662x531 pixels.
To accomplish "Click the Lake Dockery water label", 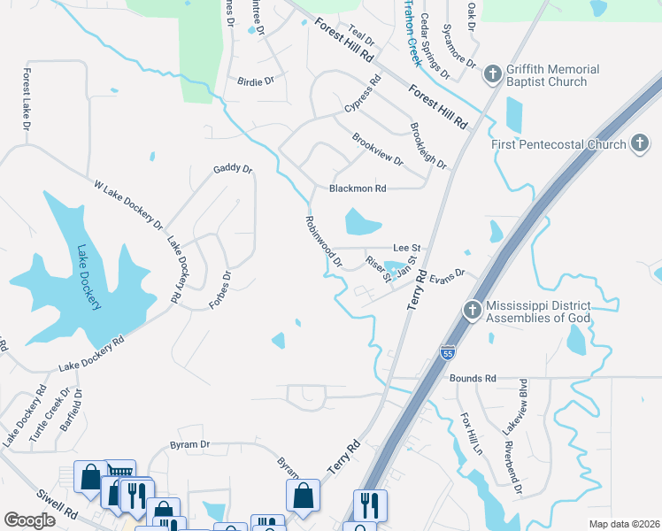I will (89, 278).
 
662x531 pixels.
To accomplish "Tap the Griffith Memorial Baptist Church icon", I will (493, 75).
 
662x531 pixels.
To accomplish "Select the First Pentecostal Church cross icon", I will (640, 144).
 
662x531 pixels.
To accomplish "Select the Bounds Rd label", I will (473, 378).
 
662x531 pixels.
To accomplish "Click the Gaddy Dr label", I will (233, 169).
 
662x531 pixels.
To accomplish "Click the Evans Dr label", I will (447, 276).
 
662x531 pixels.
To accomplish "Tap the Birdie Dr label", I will (256, 81).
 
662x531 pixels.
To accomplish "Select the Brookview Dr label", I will (377, 150).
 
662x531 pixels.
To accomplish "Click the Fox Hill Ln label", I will (469, 433).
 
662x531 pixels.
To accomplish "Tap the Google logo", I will (29, 520).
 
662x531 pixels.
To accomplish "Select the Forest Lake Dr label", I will (27, 100).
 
